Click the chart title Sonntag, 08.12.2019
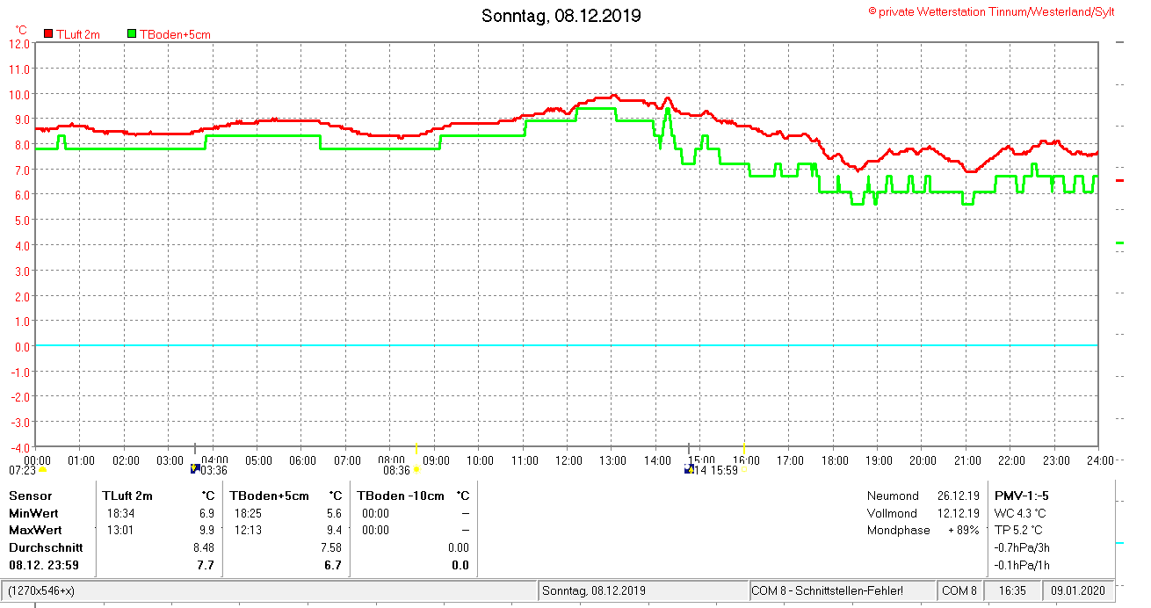pyautogui.click(x=561, y=16)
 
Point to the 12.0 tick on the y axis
pyautogui.click(x=20, y=43)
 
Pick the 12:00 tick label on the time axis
pyautogui.click(x=568, y=460)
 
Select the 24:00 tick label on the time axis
pyautogui.click(x=1100, y=460)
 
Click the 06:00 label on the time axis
pyautogui.click(x=302, y=460)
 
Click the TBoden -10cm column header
pyautogui.click(x=401, y=496)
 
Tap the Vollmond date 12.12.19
pyautogui.click(x=958, y=513)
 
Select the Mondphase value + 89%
pyautogui.click(x=963, y=530)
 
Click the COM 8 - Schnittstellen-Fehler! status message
pyautogui.click(x=827, y=590)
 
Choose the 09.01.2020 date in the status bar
pyautogui.click(x=1078, y=590)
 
